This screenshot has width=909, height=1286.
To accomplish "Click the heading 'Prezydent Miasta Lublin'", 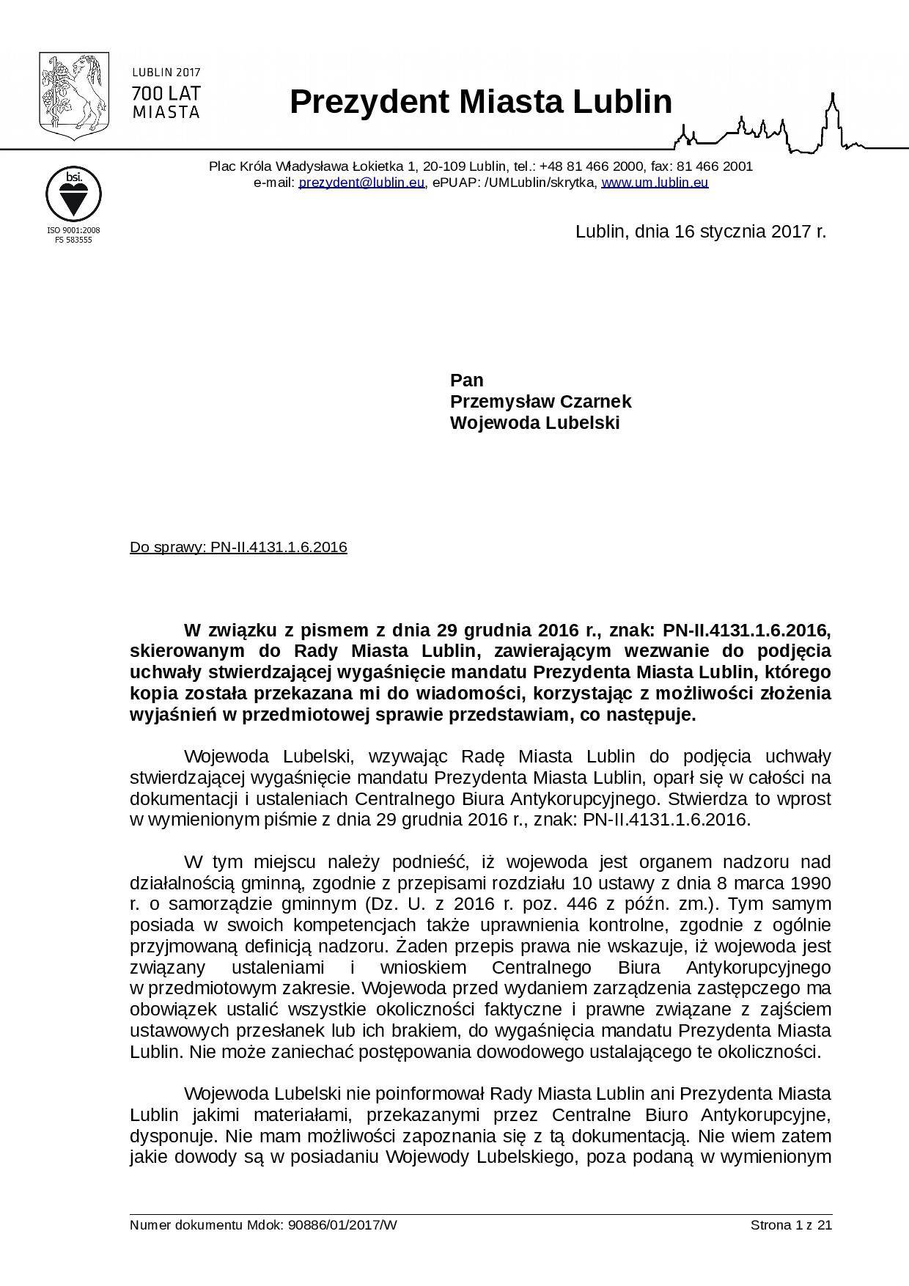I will click(481, 102).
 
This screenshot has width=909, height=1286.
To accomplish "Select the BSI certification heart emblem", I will click(73, 193).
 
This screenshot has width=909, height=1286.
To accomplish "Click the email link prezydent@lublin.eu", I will click(361, 183).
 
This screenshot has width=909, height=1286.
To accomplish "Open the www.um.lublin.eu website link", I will click(655, 183).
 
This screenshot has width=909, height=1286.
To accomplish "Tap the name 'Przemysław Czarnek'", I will click(540, 402).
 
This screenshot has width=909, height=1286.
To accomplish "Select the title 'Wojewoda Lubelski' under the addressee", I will click(534, 423).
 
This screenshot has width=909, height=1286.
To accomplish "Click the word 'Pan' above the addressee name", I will click(466, 381).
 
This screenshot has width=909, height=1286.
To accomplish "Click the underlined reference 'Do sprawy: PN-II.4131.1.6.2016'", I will click(238, 548).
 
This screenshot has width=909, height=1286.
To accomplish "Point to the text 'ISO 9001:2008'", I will click(73, 230).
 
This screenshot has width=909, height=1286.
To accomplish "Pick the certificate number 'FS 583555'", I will click(73, 240).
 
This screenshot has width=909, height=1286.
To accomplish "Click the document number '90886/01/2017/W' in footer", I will click(343, 1225).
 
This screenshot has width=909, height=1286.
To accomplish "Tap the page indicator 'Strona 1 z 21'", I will click(791, 1225).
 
